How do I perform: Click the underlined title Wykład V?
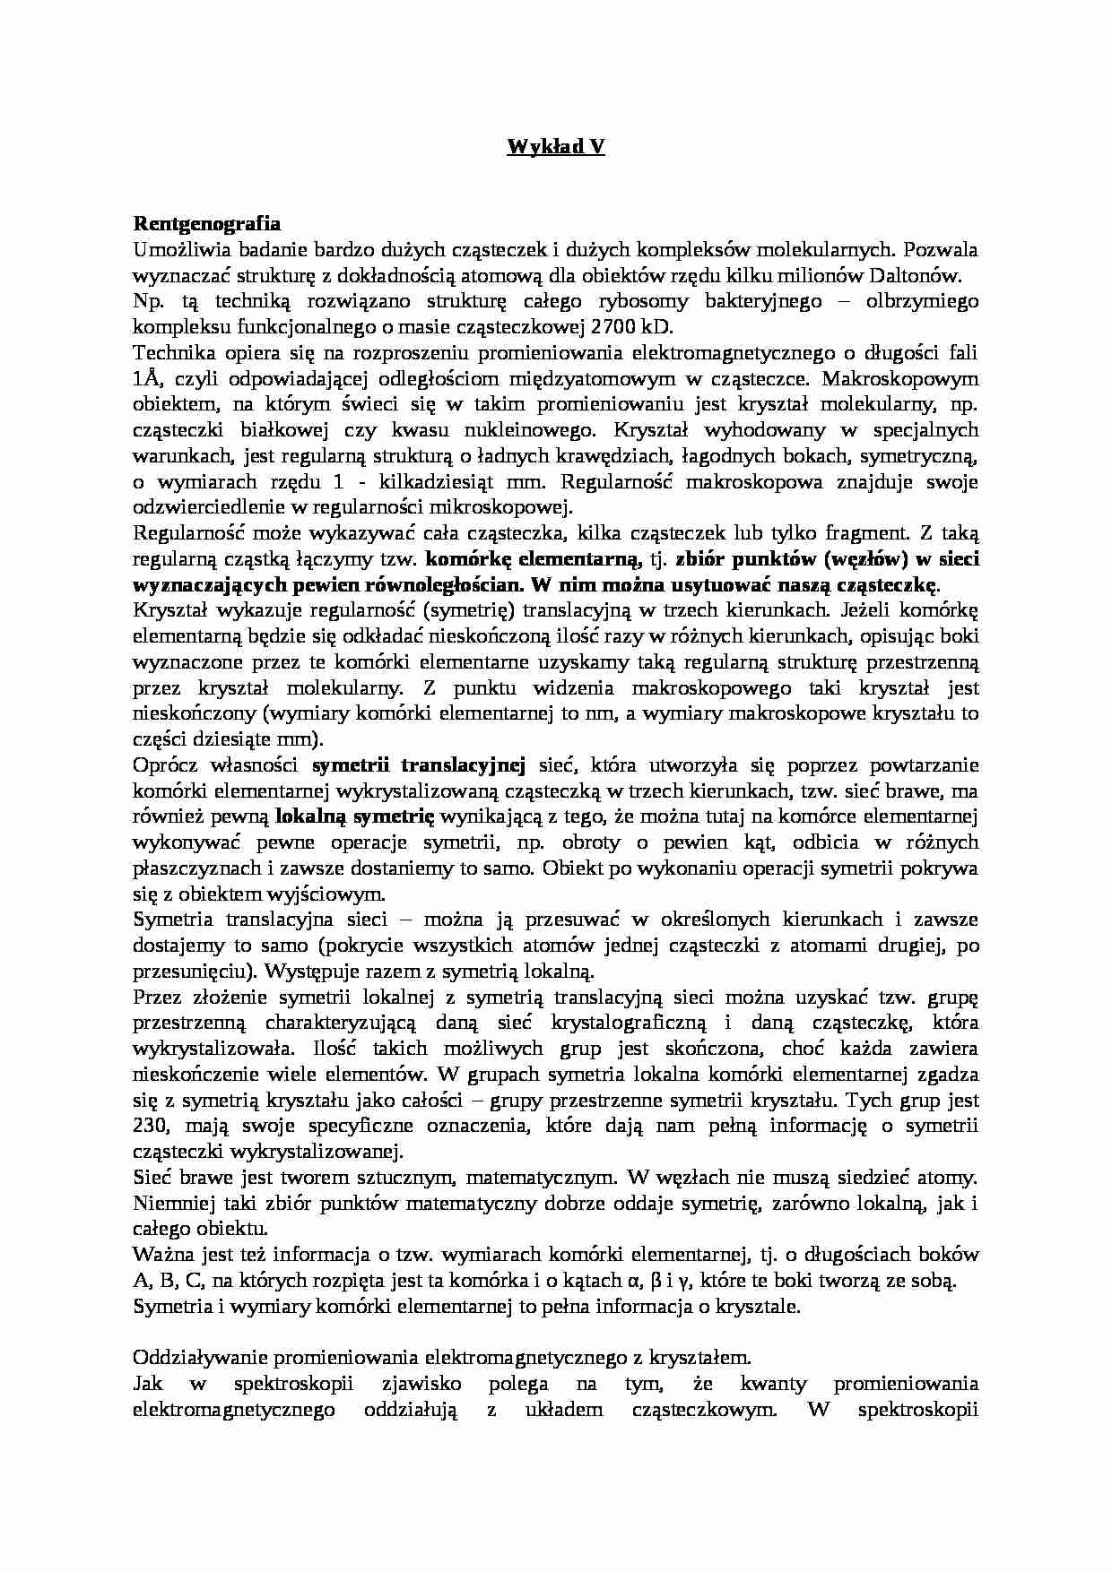tap(556, 147)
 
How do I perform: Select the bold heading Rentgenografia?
tap(206, 223)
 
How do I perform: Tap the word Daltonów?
tap(934, 275)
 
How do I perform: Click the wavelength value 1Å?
tap(146, 378)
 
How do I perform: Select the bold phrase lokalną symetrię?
tap(355, 816)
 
